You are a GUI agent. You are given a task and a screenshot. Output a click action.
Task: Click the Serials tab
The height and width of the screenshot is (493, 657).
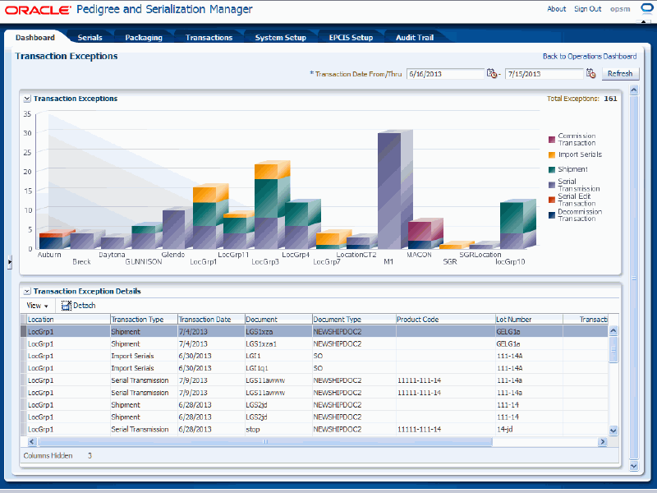(90, 37)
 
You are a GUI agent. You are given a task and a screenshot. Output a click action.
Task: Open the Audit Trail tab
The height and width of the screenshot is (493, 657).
(415, 37)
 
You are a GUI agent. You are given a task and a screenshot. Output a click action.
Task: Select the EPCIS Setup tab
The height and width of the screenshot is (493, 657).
(351, 37)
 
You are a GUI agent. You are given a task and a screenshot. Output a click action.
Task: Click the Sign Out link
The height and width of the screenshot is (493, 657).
(587, 9)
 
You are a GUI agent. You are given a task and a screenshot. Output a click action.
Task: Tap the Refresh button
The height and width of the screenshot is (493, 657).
(619, 74)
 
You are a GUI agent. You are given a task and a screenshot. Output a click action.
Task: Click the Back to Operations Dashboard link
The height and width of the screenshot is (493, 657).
(589, 57)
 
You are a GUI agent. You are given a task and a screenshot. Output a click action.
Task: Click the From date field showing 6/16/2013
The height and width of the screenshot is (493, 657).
(444, 74)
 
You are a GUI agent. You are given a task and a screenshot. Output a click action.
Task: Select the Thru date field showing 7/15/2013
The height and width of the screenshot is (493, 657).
(543, 74)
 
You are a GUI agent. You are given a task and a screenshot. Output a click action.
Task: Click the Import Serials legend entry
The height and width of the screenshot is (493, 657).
(580, 154)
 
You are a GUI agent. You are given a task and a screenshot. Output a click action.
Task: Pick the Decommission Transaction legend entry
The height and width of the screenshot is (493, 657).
(580, 214)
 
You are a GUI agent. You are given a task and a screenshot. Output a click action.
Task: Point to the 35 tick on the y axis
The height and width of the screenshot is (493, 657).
(27, 114)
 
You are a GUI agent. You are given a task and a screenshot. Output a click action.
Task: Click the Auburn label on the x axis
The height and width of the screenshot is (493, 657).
(49, 255)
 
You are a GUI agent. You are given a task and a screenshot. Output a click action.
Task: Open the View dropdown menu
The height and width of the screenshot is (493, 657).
(37, 306)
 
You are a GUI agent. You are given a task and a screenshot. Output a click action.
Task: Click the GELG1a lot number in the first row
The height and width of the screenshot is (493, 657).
(508, 331)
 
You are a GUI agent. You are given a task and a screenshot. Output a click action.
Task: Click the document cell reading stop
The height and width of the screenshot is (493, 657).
(253, 430)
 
